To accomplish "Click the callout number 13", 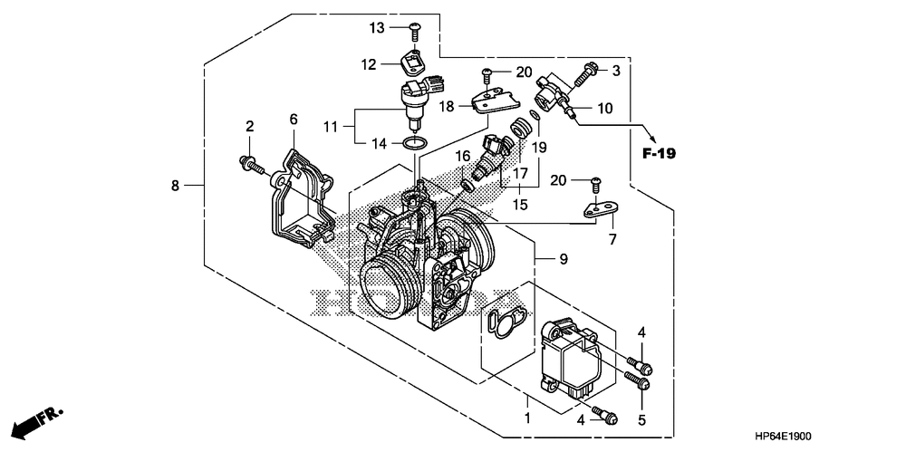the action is click(377, 27).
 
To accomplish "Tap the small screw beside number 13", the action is click(415, 31).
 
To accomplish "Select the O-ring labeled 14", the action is click(415, 143).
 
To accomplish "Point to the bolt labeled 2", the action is click(251, 165).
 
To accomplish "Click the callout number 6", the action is click(294, 120).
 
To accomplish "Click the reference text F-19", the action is click(660, 153).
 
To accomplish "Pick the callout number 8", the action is click(175, 186).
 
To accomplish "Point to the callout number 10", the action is click(604, 108).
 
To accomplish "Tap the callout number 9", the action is click(563, 260).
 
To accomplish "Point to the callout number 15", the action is click(521, 205).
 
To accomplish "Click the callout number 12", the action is click(369, 64).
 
